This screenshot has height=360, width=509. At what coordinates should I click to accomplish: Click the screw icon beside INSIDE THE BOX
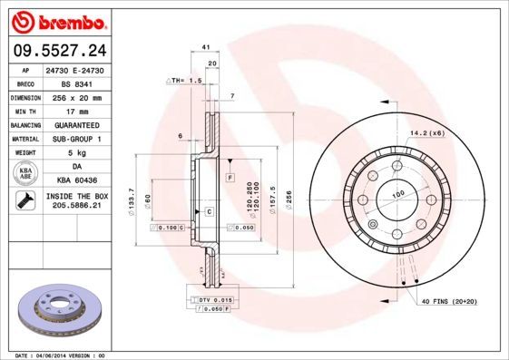pyautogui.click(x=24, y=201)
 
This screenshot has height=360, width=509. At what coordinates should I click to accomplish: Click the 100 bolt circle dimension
pyautogui.click(x=396, y=194)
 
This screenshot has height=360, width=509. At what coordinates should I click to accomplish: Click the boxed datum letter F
pyautogui.click(x=230, y=175)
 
